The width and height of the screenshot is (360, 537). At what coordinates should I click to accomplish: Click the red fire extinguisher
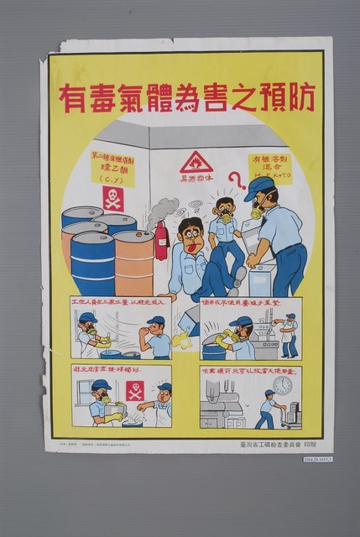pos(160,241)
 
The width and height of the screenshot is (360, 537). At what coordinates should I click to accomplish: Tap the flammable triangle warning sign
pos(196,161)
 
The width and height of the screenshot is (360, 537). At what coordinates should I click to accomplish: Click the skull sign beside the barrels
pos(112,198)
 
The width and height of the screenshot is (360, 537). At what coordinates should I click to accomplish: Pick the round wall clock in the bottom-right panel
pos(283,385)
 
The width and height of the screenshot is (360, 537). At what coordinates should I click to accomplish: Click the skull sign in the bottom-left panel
pos(134,390)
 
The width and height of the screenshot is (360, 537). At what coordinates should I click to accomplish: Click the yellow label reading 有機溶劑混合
pos(269,169)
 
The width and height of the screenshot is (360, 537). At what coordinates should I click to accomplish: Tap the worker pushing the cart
pos(267,409)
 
